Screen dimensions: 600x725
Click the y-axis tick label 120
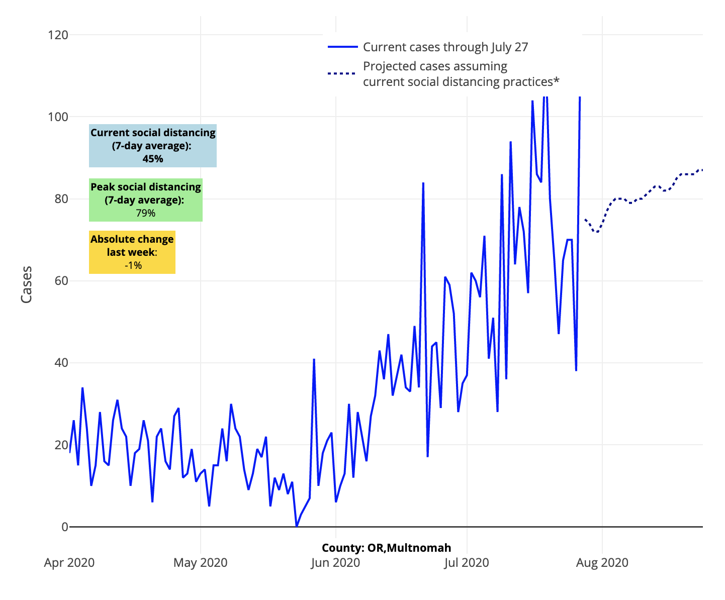click(x=58, y=35)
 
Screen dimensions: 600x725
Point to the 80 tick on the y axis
click(x=60, y=199)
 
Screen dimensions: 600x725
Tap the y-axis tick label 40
click(x=60, y=363)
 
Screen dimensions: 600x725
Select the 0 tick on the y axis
click(x=64, y=527)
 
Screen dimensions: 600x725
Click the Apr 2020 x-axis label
click(x=69, y=562)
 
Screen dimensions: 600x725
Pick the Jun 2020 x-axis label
click(x=335, y=562)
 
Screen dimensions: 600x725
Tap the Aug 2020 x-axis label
click(x=602, y=562)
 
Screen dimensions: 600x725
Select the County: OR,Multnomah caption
click(x=386, y=548)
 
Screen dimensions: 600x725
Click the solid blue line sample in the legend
click(x=342, y=47)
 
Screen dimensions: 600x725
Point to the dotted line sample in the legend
click(x=342, y=73)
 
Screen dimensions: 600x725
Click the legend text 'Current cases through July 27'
click(x=445, y=47)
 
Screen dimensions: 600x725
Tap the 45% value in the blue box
click(x=153, y=159)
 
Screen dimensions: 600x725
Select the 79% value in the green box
click(x=146, y=213)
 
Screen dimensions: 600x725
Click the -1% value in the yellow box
click(x=133, y=265)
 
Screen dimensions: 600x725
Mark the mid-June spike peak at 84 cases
click(x=423, y=183)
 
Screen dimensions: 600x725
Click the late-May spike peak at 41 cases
click(x=314, y=359)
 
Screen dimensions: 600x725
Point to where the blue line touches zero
click(x=297, y=526)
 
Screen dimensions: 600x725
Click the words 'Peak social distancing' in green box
click(x=146, y=187)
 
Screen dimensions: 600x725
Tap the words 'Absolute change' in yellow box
click(x=132, y=239)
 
